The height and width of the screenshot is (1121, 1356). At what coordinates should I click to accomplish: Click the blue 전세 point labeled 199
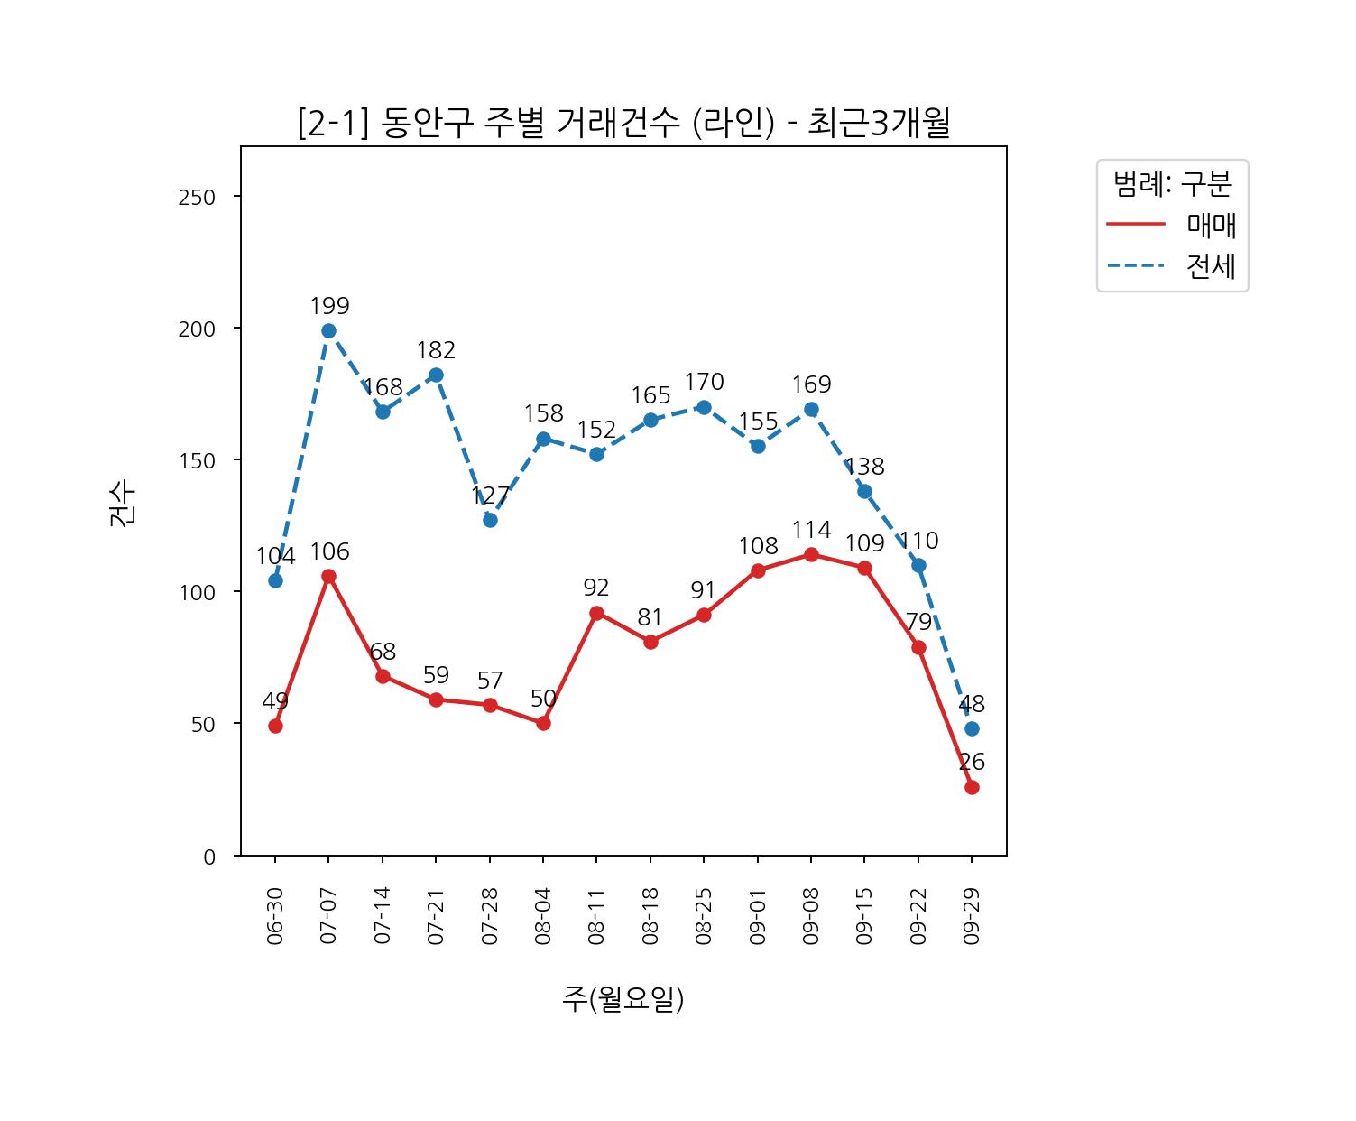328,330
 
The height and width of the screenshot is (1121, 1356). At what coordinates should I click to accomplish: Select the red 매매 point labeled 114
811,554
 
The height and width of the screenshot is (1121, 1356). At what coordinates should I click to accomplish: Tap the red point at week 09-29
972,787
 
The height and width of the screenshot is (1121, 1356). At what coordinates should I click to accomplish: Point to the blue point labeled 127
490,520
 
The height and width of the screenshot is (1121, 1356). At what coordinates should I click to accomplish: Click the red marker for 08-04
543,723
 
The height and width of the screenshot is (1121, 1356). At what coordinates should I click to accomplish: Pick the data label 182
436,350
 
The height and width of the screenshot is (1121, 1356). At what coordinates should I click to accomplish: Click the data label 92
596,588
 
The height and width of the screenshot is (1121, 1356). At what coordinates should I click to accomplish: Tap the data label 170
704,382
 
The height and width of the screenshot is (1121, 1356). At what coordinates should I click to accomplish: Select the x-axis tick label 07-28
490,915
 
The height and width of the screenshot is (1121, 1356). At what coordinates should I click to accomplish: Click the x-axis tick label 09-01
758,915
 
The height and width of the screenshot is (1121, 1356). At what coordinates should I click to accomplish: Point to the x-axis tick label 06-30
275,915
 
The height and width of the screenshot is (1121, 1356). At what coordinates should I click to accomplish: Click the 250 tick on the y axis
197,198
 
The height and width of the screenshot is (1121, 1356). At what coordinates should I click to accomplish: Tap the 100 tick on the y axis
197,593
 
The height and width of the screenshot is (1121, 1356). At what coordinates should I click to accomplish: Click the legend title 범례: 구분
1172,184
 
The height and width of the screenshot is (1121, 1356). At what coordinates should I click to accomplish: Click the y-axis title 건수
122,503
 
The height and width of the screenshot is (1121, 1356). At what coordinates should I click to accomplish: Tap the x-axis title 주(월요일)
623,998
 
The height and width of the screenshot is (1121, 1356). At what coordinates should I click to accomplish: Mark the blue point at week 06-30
275,580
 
